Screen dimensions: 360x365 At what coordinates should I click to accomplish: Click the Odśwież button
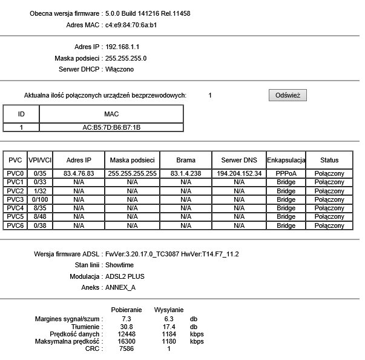click(x=288, y=95)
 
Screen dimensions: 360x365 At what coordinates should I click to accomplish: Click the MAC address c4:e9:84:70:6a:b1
click(x=132, y=25)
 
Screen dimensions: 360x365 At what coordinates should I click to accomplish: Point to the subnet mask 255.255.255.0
click(x=126, y=58)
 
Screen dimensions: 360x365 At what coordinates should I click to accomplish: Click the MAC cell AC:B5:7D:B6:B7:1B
click(x=111, y=127)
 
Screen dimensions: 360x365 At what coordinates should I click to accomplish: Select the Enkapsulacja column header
click(x=286, y=160)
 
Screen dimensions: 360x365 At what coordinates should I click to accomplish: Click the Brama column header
click(x=186, y=160)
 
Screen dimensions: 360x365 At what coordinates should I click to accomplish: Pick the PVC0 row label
click(x=15, y=173)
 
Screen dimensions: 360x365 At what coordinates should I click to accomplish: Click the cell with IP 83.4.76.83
click(x=79, y=173)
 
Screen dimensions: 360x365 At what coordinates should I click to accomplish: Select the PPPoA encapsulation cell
click(x=286, y=173)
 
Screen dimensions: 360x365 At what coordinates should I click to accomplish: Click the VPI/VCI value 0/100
click(x=40, y=199)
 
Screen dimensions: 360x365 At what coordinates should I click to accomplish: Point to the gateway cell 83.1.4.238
click(x=186, y=173)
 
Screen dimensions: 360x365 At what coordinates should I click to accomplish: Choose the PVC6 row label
click(x=15, y=225)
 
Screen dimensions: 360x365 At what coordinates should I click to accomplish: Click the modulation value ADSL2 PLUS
click(x=125, y=276)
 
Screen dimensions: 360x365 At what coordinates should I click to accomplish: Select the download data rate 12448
click(x=127, y=334)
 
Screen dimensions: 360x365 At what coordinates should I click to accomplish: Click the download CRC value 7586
click(x=127, y=348)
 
